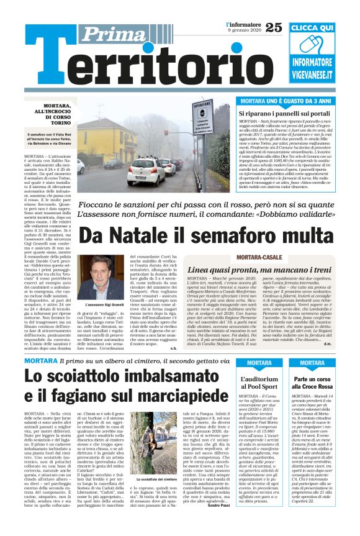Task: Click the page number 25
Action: [x=273, y=26]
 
